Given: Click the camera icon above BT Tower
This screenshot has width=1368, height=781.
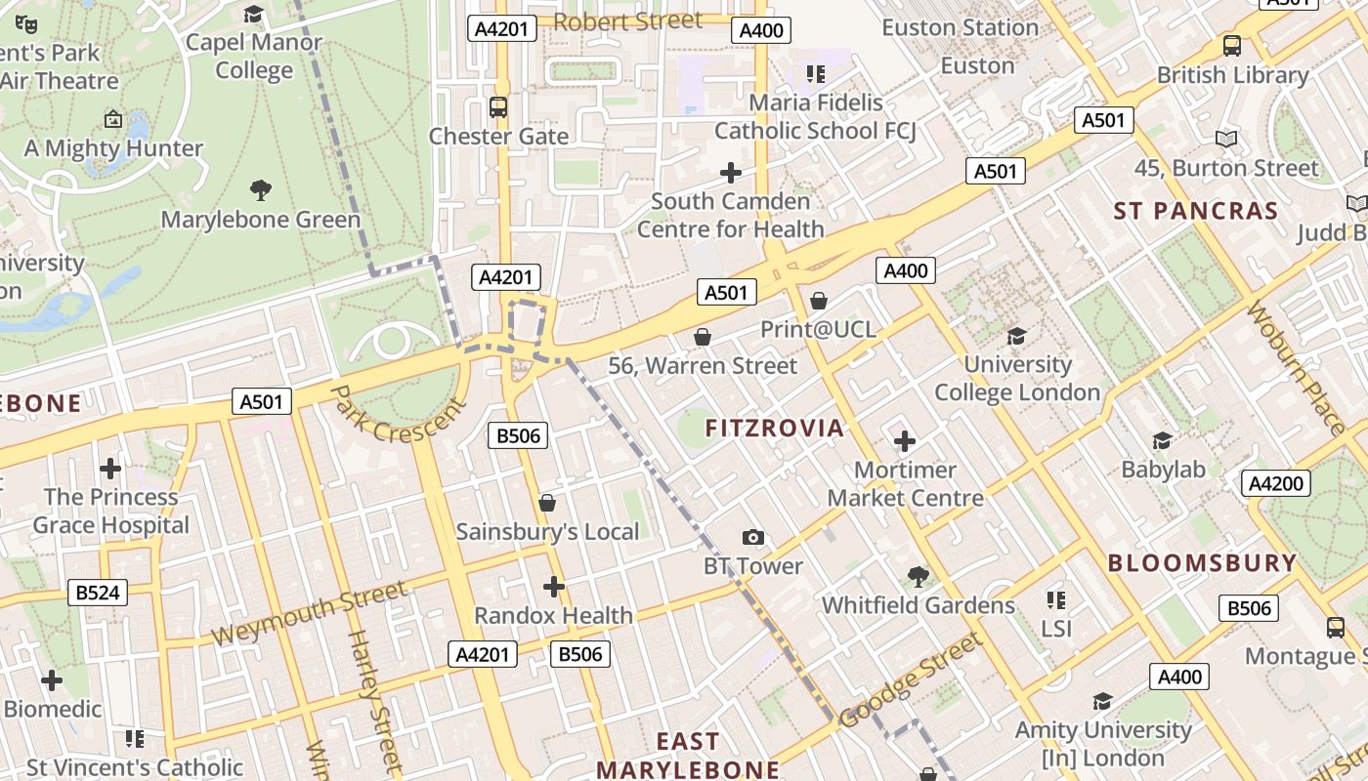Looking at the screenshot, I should (x=752, y=538).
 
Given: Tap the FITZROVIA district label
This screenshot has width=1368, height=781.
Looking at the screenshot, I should (x=774, y=428).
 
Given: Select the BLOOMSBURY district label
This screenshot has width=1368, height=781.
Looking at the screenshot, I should (x=1202, y=563).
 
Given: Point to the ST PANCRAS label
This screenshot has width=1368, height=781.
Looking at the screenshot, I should (x=1196, y=211).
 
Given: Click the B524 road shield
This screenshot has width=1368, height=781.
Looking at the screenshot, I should (x=99, y=592).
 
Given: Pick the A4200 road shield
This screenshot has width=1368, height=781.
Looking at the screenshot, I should (x=1275, y=483).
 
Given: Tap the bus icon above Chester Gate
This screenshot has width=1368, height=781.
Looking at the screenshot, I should (x=498, y=107).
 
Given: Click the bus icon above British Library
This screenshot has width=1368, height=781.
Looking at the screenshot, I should (x=1232, y=46).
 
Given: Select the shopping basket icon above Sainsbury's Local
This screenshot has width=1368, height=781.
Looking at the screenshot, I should (x=547, y=503).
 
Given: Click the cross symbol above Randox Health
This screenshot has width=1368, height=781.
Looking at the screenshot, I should (x=554, y=587).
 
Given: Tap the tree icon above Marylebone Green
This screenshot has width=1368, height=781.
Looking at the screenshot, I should (x=261, y=190).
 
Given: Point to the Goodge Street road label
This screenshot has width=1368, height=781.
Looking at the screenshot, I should (x=910, y=679).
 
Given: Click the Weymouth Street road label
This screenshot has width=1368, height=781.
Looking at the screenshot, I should (x=309, y=613).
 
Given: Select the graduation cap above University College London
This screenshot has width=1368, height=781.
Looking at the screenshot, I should (x=1016, y=336).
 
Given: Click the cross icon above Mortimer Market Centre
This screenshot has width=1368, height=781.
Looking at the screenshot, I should (x=905, y=441).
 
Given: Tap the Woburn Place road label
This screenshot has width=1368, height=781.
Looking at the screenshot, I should (x=1297, y=368).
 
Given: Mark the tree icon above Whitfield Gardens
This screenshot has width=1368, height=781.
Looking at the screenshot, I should (x=918, y=576).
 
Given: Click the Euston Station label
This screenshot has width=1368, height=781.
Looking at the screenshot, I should (x=960, y=27).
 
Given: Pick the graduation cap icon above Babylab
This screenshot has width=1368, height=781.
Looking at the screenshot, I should (x=1162, y=441).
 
